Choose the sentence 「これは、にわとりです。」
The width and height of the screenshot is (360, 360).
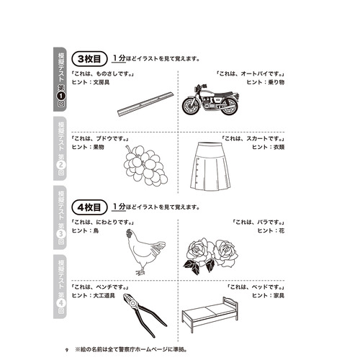[x=109, y=222]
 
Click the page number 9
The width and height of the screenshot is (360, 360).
[x=66, y=349]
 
